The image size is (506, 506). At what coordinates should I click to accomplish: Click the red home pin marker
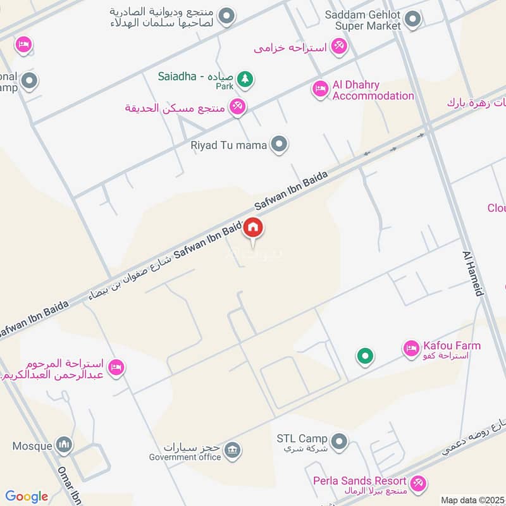click(x=253, y=227)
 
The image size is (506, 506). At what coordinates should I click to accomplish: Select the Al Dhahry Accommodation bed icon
click(x=320, y=89)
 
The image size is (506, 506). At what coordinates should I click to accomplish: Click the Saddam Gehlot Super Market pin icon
click(x=412, y=20)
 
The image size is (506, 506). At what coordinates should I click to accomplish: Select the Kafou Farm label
click(x=452, y=346)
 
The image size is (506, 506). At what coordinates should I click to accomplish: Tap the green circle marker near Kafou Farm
click(x=364, y=357)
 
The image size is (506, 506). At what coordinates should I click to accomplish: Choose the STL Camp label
click(x=302, y=438)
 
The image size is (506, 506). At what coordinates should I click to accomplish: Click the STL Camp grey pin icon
click(x=340, y=440)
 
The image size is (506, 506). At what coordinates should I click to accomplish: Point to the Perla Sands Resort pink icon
click(x=417, y=484)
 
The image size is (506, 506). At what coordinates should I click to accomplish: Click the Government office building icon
click(x=232, y=450)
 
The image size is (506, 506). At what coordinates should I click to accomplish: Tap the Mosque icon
click(x=64, y=446)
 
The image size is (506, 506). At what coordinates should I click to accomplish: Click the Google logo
click(x=27, y=497)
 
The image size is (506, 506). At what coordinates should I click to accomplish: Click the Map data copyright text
click(x=472, y=500)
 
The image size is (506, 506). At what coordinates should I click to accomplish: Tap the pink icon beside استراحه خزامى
click(x=339, y=46)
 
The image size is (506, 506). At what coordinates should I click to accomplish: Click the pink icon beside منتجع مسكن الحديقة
click(x=237, y=107)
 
